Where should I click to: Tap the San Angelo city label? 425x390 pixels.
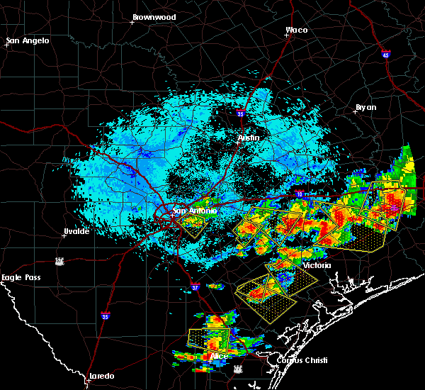coord(28,40)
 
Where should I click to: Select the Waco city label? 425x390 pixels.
coord(296,30)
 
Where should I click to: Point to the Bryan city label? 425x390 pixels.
coord(365,107)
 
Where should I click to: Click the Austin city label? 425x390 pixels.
coord(249,138)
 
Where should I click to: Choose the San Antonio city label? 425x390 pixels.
coord(194,211)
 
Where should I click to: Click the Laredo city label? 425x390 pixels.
coord(101,376)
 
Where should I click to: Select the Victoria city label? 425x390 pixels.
coord(317,265)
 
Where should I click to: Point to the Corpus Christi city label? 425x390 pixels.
coord(297,360)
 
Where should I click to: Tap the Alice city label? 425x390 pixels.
coord(220,355)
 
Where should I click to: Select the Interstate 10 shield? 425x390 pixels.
coord(300,194)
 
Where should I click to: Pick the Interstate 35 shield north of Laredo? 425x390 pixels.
coord(106,316)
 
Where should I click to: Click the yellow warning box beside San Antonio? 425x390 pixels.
coord(191,225)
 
